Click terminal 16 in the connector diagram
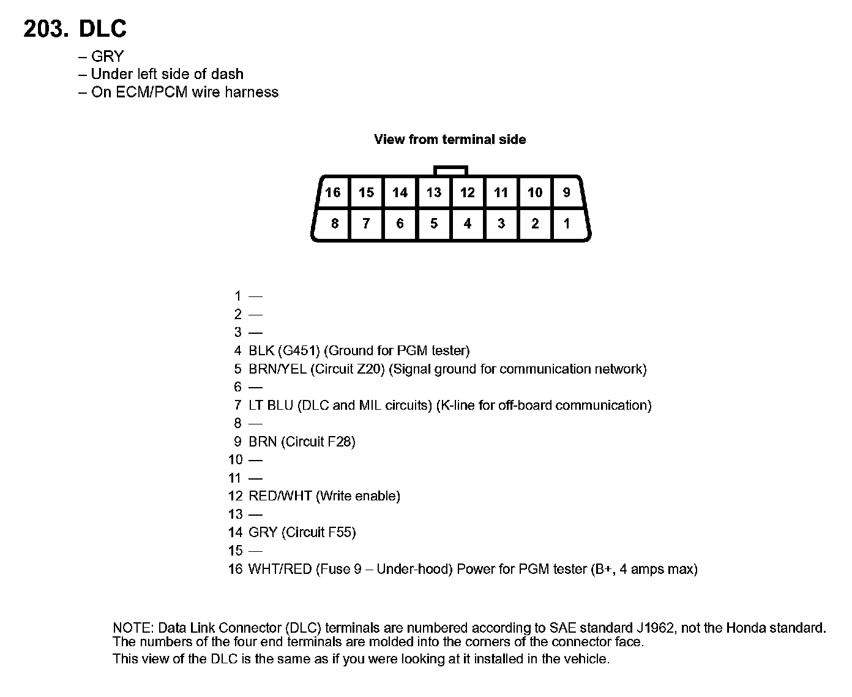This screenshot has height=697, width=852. click(333, 193)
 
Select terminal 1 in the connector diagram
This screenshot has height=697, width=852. click(567, 224)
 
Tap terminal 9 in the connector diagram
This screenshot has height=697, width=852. click(567, 193)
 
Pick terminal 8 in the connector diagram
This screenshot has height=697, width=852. click(334, 224)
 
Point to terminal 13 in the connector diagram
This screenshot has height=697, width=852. click(434, 193)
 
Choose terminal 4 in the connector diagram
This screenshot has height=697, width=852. click(468, 224)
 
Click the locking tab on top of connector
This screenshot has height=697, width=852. click(450, 170)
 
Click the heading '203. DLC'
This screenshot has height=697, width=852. click(75, 29)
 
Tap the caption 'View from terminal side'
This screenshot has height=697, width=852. click(450, 140)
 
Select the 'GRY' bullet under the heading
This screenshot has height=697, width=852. click(107, 56)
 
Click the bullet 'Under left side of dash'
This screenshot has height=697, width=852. click(166, 74)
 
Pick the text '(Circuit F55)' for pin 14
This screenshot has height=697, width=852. click(318, 532)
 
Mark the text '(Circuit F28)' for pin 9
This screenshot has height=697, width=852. click(318, 442)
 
